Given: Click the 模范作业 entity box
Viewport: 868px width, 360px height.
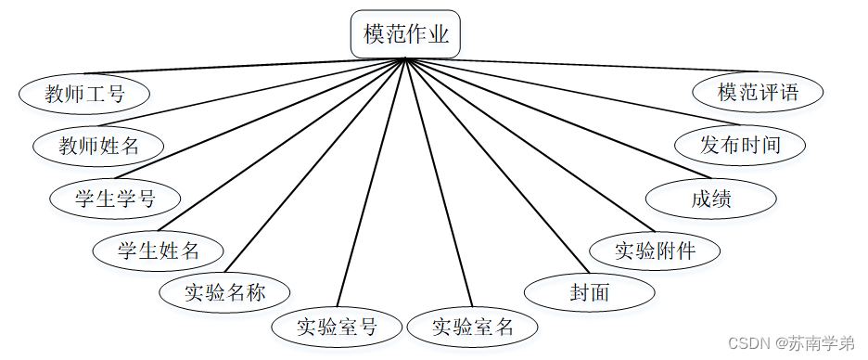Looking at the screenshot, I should (x=406, y=35).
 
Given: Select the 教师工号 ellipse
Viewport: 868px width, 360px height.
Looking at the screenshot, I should (x=84, y=93).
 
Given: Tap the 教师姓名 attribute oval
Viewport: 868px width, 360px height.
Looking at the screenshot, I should (x=98, y=146).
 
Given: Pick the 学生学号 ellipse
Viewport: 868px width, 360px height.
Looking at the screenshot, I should (x=115, y=198).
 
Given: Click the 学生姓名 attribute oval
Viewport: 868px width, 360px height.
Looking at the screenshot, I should (x=159, y=250).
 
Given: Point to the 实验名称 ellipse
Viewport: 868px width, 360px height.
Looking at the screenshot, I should (x=224, y=292).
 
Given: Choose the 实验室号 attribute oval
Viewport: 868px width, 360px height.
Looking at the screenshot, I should (x=338, y=326).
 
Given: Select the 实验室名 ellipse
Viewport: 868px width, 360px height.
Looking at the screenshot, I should (x=472, y=327).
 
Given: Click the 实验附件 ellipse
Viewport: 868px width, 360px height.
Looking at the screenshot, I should (x=655, y=250).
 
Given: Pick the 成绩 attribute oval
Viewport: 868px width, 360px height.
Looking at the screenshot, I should (x=710, y=198).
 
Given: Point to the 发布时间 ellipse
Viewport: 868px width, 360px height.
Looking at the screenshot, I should (x=740, y=145).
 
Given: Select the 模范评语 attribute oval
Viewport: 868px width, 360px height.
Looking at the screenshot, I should (x=758, y=93).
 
